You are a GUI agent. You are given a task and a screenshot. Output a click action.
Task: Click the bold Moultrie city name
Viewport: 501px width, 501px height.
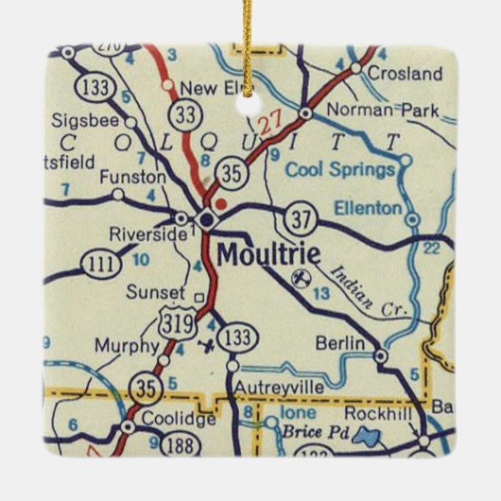tap(268, 254)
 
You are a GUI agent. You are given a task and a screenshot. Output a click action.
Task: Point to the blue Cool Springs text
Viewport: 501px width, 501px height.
tap(339, 169)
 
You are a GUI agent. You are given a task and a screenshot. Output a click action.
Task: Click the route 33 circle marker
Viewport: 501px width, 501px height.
tap(184, 115)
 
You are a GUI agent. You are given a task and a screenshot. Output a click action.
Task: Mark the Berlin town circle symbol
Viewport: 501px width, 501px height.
tap(381, 357)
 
